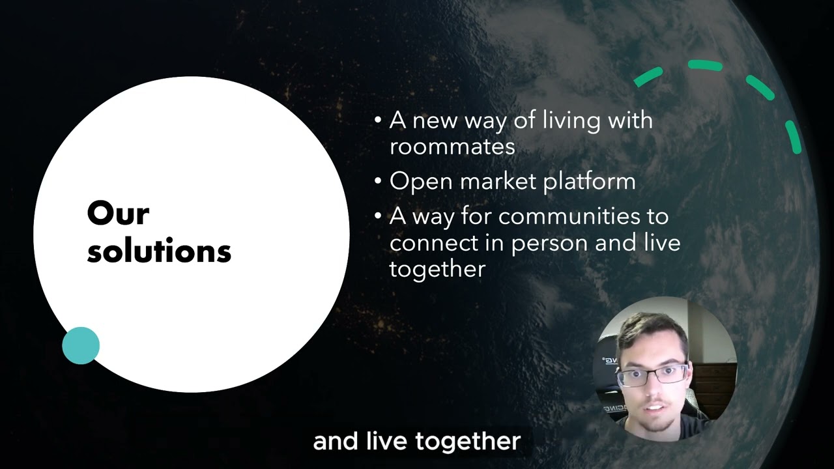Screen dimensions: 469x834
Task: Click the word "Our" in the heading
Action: (x=118, y=214)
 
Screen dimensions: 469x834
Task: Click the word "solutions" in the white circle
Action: (x=159, y=251)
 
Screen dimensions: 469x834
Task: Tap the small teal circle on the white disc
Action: (x=81, y=345)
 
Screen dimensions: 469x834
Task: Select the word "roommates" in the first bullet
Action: (x=452, y=147)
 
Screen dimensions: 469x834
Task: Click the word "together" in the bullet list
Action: (x=437, y=269)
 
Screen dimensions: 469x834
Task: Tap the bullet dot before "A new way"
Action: (x=378, y=121)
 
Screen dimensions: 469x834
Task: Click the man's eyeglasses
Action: (x=654, y=374)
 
